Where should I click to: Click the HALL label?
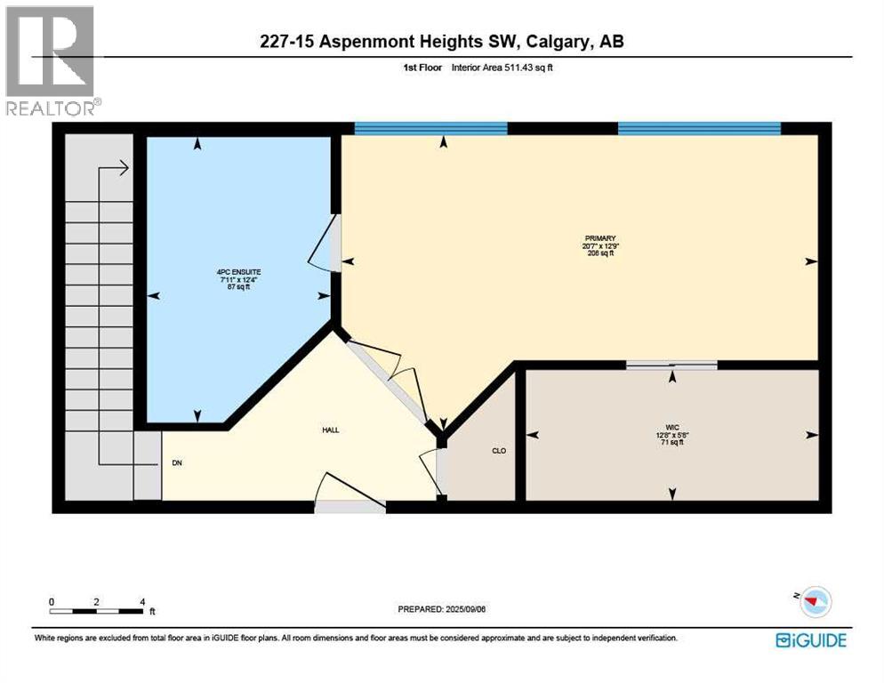(x=330, y=430)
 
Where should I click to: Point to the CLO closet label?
(x=499, y=451)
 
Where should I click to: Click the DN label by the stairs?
(x=176, y=463)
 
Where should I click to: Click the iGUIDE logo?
(x=810, y=639)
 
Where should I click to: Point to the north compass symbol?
(x=812, y=602)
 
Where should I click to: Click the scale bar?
(x=97, y=610)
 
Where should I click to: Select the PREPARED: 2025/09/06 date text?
(x=442, y=609)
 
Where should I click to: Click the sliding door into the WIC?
(x=671, y=365)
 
